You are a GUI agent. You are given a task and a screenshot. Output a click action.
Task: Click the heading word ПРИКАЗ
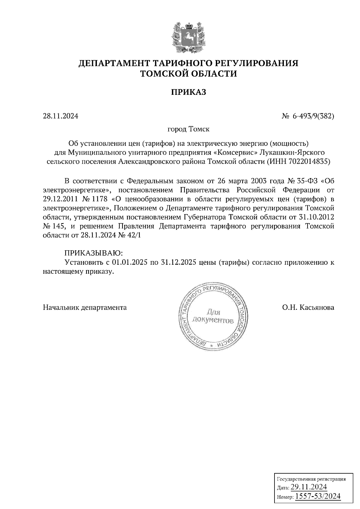point(188,92)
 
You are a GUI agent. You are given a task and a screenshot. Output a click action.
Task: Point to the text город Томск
point(188,129)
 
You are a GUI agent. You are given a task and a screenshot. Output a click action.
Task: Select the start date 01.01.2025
point(129,262)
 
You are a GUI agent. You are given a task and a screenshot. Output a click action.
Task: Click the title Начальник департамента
point(85,307)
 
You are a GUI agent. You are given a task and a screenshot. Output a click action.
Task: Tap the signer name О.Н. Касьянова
point(308,307)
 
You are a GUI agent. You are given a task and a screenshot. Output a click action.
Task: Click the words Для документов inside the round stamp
point(212,317)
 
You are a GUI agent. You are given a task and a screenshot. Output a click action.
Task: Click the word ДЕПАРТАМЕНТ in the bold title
point(114,63)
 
